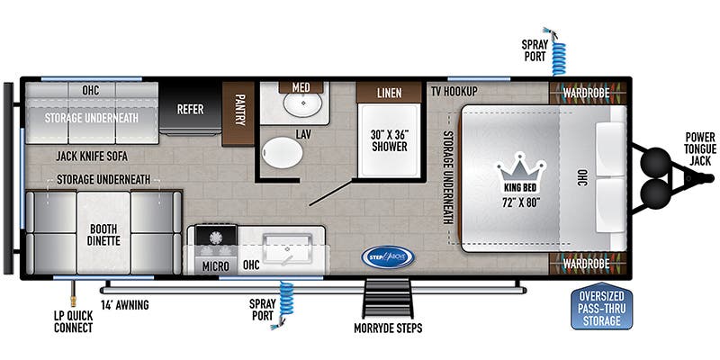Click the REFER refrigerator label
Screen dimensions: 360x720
(190, 110)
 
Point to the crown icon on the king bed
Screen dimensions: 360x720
(517, 168)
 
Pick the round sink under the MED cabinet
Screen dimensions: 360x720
(301, 107)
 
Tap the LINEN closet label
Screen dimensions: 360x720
(388, 91)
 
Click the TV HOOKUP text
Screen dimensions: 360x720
(453, 91)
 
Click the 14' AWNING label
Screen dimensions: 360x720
(124, 305)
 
